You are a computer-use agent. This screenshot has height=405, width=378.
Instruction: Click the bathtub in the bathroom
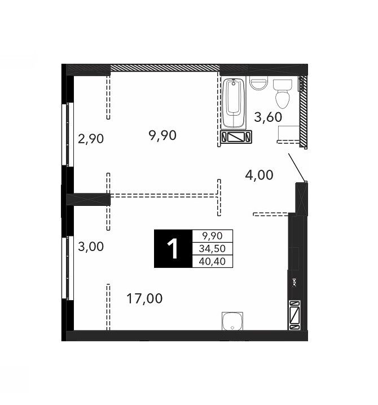234,103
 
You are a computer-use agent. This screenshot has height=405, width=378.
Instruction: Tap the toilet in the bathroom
283,94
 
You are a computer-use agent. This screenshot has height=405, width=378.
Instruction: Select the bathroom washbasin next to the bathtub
258,83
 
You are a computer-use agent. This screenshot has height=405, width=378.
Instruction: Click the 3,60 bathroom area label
268,117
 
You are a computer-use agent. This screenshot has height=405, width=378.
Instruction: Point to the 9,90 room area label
162,135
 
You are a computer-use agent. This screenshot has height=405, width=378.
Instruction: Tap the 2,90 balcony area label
91,139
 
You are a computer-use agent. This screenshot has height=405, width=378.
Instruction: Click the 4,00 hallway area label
259,175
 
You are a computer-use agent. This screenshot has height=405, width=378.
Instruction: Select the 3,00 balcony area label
91,246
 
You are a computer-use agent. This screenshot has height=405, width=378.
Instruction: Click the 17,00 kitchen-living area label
144,298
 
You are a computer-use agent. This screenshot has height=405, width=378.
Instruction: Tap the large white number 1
172,249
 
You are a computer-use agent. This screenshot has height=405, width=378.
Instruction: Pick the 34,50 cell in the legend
212,249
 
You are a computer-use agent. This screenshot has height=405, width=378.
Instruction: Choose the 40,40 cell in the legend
212,261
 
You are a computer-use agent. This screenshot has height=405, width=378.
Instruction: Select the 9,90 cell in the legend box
212,236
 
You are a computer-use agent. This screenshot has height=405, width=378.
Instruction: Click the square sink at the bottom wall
232,321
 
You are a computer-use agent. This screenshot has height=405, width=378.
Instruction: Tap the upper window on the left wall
68,134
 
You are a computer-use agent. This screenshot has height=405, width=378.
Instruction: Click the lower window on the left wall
68,268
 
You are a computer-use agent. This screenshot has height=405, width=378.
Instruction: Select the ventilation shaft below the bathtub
236,137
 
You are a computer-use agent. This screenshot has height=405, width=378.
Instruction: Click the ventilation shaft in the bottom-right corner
295,315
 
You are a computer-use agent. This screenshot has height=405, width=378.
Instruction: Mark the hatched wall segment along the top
165,68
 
